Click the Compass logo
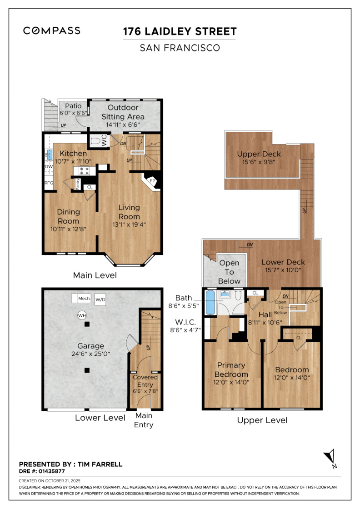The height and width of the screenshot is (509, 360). (52, 30)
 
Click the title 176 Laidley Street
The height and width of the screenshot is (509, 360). (180, 31)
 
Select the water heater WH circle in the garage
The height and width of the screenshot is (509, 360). (82, 315)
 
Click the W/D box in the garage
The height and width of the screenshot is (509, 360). (100, 299)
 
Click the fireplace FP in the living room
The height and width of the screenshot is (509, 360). (151, 181)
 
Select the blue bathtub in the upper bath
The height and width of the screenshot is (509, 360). (210, 302)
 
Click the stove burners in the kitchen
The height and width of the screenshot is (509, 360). (85, 171)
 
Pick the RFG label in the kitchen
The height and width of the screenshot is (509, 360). (49, 183)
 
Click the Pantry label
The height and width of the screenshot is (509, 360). (78, 184)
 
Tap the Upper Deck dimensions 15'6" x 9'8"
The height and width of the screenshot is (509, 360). (259, 162)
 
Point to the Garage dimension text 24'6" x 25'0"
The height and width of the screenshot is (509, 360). (90, 354)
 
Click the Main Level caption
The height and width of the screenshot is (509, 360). (95, 275)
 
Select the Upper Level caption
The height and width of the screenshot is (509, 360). (262, 420)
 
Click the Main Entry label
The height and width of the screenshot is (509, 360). (144, 420)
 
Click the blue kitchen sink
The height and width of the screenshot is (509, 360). (50, 155)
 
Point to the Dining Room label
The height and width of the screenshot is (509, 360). (68, 216)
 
